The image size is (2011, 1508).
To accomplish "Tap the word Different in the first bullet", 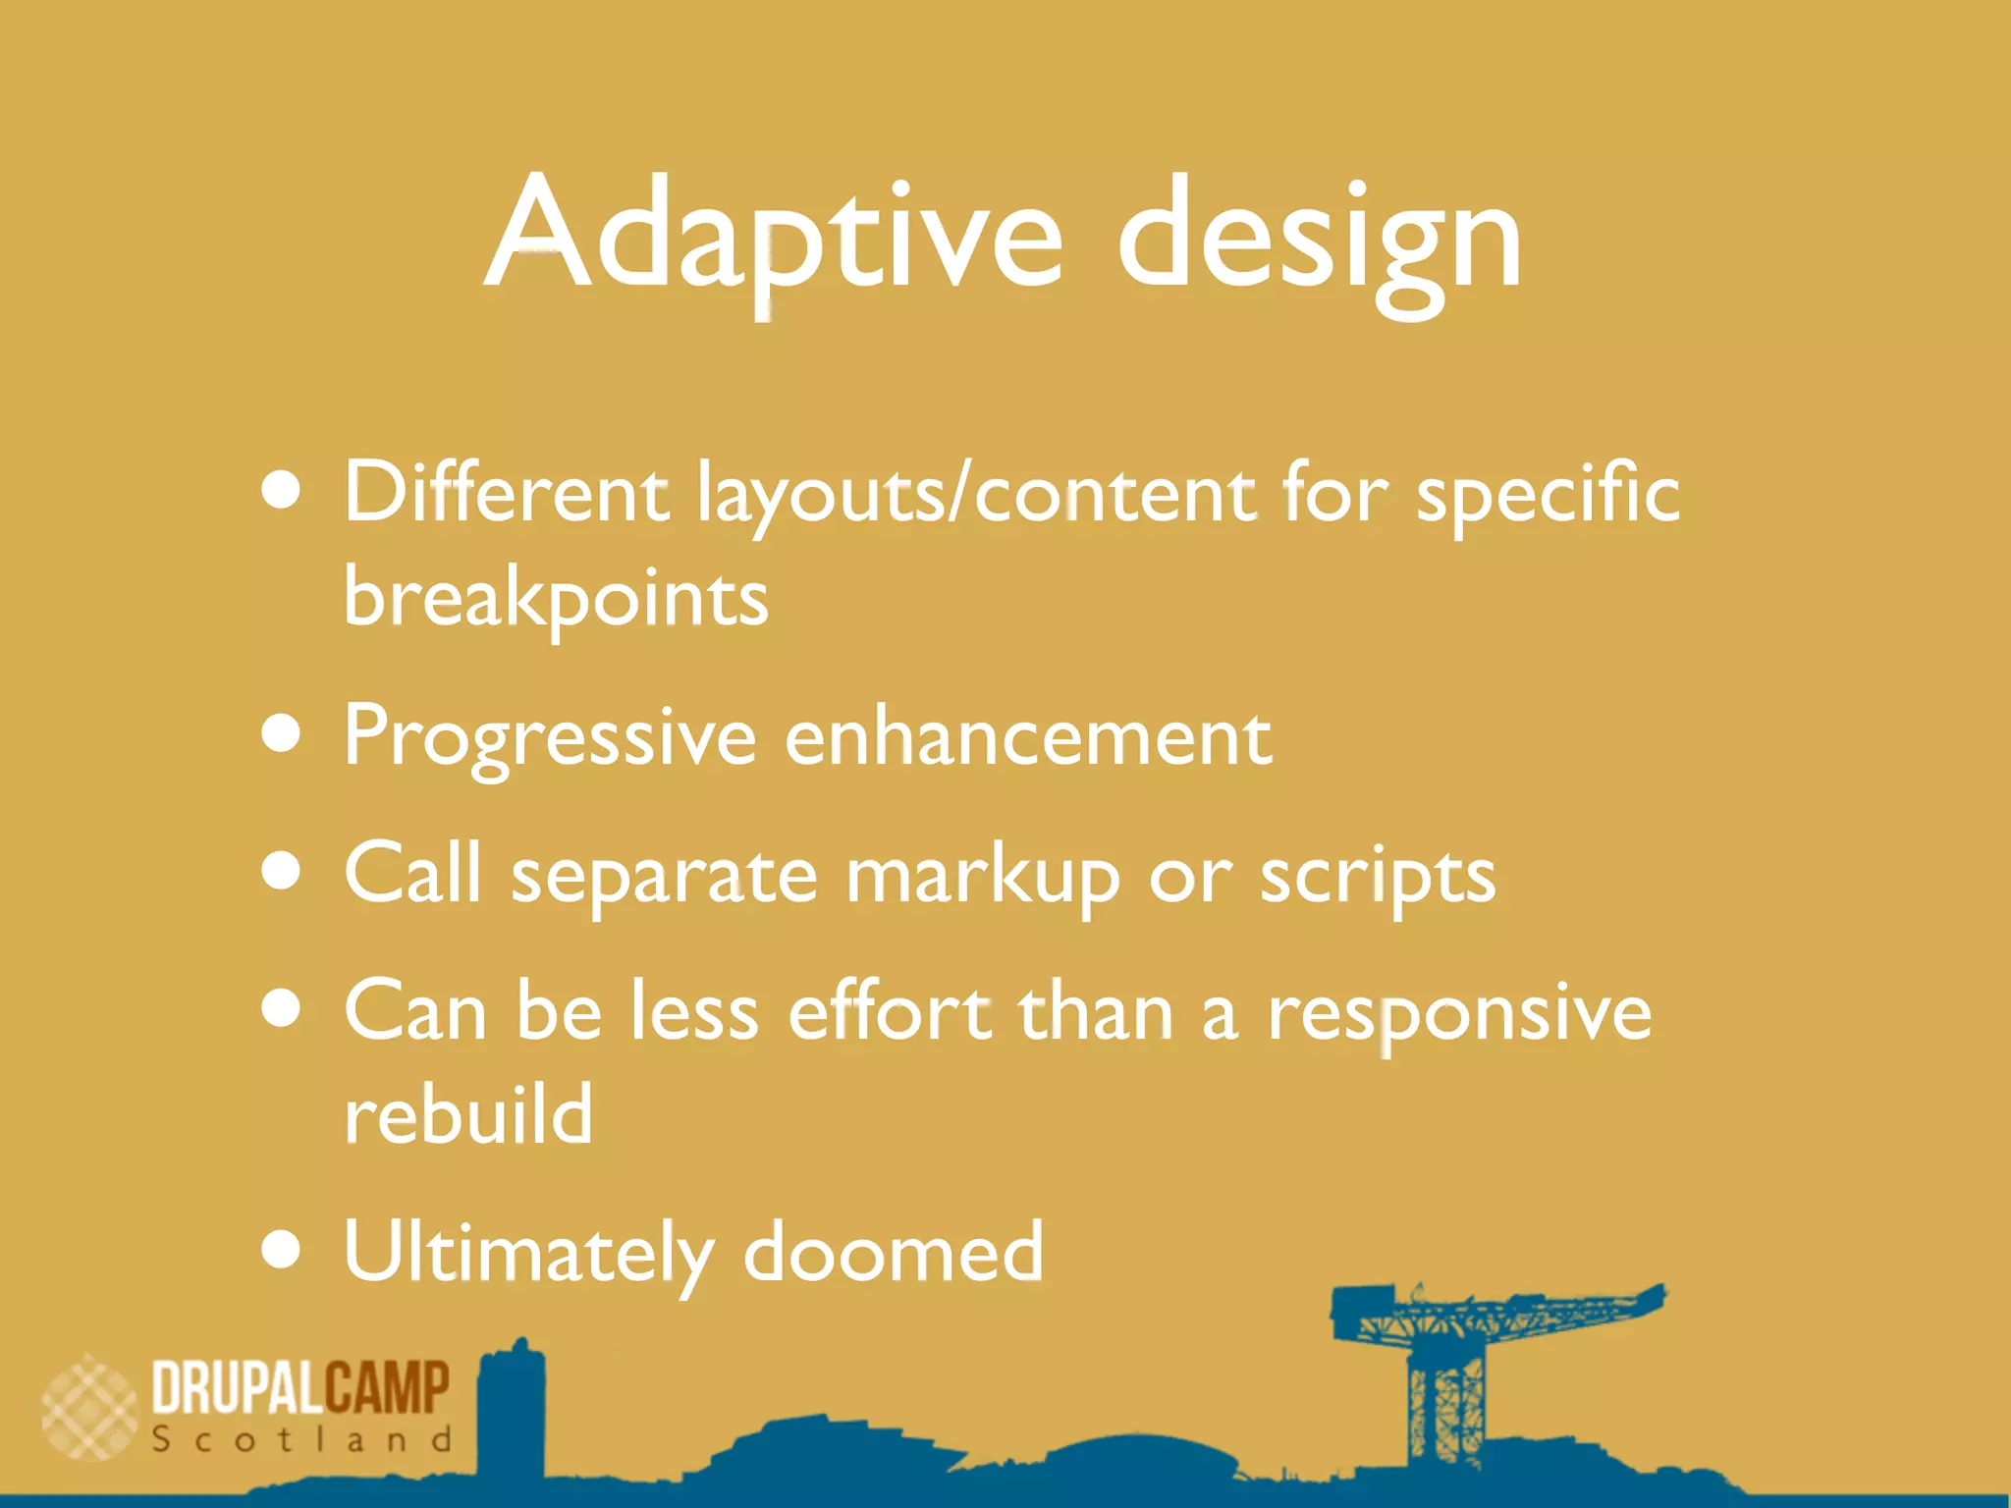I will point(506,493).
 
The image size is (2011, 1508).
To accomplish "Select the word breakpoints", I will point(556,598).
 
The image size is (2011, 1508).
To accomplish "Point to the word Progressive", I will point(550,738).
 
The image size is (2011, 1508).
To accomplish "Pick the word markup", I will point(983,876).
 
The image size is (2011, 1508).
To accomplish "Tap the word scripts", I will point(1378,876).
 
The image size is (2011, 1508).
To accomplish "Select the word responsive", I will point(1459,1014).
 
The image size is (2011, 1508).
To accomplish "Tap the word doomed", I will point(894,1253).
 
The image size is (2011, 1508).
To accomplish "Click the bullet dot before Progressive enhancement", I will point(282,733).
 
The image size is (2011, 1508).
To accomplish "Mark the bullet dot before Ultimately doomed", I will point(282,1250).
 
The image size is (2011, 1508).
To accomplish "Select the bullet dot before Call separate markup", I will point(282,872).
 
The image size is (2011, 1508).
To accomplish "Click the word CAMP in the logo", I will point(386,1388).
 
